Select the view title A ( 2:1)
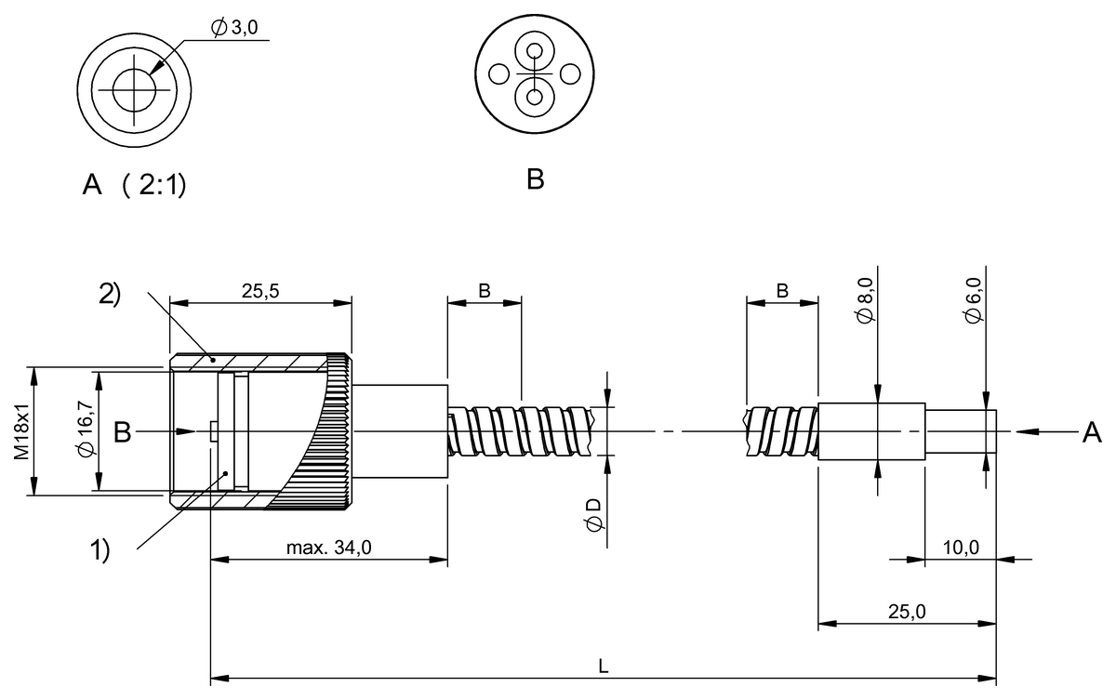pos(134,186)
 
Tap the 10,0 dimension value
pos(961,548)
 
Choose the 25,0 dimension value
pos(907,611)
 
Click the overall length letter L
pos(604,667)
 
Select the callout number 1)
pos(100,549)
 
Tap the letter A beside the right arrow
pos(1090,431)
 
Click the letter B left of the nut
pos(122,431)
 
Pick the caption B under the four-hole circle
pos(535,179)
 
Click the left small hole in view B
pos(499,73)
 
